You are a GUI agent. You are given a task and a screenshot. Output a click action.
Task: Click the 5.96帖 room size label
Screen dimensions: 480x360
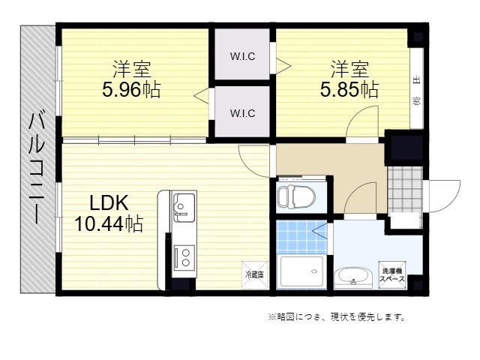tap(131, 90)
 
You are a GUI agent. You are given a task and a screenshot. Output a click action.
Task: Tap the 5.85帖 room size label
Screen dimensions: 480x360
tap(349, 90)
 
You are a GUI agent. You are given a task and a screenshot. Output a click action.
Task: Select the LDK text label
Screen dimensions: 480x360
tap(109, 202)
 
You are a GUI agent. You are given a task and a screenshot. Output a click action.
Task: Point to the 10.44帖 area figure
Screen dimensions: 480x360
tap(109, 223)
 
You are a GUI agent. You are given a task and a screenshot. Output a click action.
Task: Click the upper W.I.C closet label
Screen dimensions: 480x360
tap(242, 56)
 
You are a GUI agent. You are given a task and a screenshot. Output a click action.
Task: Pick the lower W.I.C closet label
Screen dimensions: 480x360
tap(242, 113)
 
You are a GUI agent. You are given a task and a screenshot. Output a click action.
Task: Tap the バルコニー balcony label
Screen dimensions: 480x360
tap(37, 168)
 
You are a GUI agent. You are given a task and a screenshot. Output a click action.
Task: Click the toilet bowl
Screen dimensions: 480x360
tap(296, 196)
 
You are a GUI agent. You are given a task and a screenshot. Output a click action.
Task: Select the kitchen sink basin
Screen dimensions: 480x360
tap(184, 208)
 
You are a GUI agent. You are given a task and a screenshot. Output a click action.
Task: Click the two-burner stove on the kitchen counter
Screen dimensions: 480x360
tap(184, 258)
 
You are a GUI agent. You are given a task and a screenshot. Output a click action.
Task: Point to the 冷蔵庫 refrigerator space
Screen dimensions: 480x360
tap(255, 275)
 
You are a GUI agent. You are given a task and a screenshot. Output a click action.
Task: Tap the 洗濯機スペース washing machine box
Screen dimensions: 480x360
tap(392, 274)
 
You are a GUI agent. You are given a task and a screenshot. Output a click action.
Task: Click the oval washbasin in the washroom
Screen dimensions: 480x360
tap(353, 277)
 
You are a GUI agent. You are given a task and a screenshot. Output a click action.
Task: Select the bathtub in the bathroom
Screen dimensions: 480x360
tap(301, 271)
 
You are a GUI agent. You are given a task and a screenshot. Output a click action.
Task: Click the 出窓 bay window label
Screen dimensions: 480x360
tap(416, 91)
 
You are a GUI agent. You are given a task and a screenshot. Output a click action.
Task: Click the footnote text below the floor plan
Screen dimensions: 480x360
tap(337, 317)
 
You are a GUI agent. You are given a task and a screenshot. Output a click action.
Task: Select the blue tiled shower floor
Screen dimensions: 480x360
tap(301, 237)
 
